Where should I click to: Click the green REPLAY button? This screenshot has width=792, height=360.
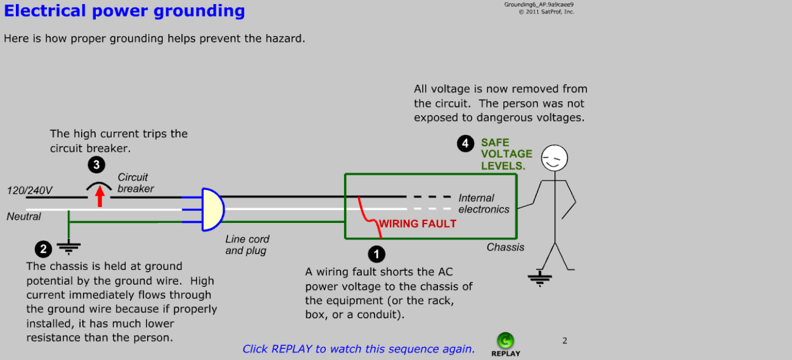tap(505, 341)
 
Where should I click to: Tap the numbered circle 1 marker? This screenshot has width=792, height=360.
tap(376, 254)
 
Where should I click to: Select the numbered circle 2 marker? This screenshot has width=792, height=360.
tap(43, 249)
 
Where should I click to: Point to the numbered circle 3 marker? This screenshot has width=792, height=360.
tap(96, 165)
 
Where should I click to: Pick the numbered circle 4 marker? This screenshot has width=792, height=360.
tap(466, 144)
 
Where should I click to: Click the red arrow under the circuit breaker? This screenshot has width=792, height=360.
tap(100, 195)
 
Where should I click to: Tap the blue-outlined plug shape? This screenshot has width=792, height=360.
tap(212, 209)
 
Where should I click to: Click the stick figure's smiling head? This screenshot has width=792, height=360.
tap(554, 159)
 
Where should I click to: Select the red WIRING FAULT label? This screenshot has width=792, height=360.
tap(417, 224)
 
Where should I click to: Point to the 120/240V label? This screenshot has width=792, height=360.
tap(29, 191)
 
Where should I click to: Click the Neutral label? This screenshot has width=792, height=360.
tap(24, 216)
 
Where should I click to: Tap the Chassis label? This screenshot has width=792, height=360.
tap(505, 247)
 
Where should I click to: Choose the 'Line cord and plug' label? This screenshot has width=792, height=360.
tap(247, 245)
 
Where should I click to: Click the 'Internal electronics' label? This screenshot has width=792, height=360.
tap(483, 204)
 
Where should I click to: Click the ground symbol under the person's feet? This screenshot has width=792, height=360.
tap(539, 278)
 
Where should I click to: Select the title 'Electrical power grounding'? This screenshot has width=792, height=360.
tap(125, 11)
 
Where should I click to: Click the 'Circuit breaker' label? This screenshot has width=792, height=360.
tap(135, 183)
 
